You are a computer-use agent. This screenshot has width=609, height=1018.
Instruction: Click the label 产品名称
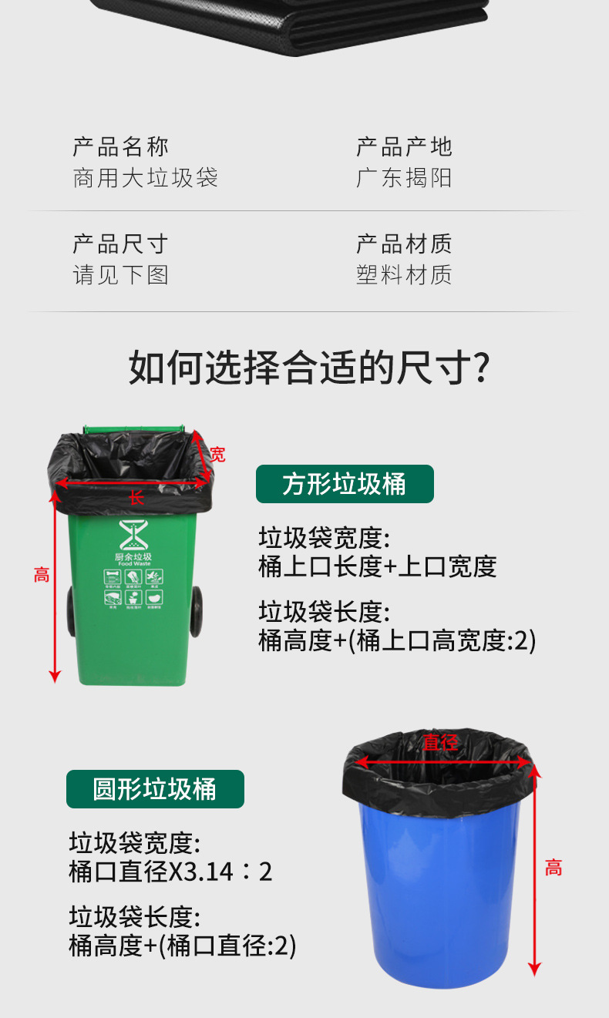coord(120,146)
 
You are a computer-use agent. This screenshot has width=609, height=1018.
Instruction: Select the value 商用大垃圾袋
coord(145,178)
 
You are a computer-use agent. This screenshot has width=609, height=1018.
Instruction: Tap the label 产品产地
coord(404,146)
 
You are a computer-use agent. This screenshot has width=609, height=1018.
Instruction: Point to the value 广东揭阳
coord(404,178)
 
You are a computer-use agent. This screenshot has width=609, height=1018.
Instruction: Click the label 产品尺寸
coord(120,244)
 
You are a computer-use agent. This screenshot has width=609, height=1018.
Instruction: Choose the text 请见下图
coord(120,275)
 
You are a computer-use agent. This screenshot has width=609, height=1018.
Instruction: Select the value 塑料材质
coord(404,275)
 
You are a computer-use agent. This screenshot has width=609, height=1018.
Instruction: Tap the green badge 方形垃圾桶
coord(345,484)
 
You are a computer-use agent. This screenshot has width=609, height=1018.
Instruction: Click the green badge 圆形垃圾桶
coord(155,789)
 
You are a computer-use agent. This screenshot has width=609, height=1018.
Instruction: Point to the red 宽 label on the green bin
coord(218,455)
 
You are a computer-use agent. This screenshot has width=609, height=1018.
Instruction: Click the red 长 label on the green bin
coord(136,498)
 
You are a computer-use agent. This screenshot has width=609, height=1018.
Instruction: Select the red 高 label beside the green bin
coord(42,574)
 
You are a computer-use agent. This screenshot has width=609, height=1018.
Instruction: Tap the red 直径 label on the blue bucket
coord(440,742)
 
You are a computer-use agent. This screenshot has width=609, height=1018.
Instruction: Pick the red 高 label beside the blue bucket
coord(553,868)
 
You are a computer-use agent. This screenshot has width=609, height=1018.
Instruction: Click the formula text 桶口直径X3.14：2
coord(170,872)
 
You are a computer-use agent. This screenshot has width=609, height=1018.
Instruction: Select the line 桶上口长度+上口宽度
coord(377,566)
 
